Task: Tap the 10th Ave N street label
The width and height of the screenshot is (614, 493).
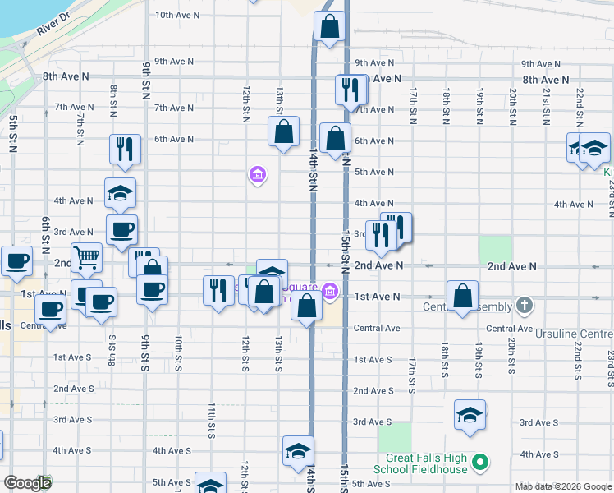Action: tap(174, 15)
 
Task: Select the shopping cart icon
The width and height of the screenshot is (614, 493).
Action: tap(86, 258)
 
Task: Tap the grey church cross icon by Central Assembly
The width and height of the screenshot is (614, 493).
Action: tap(525, 306)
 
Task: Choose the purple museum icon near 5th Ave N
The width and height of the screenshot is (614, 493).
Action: tap(258, 174)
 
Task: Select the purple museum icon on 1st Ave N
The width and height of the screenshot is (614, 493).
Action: tap(330, 291)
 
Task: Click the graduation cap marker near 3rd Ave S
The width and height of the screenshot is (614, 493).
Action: tap(470, 415)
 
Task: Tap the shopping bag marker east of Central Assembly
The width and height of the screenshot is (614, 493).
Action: tap(463, 296)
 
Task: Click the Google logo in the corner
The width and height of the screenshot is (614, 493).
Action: tap(27, 483)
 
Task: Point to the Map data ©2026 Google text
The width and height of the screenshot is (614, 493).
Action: tap(564, 486)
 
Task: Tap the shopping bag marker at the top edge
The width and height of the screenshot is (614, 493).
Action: tap(328, 26)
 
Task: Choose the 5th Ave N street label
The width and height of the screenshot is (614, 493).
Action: tap(373, 172)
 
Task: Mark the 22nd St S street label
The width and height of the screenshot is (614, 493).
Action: tap(578, 360)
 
